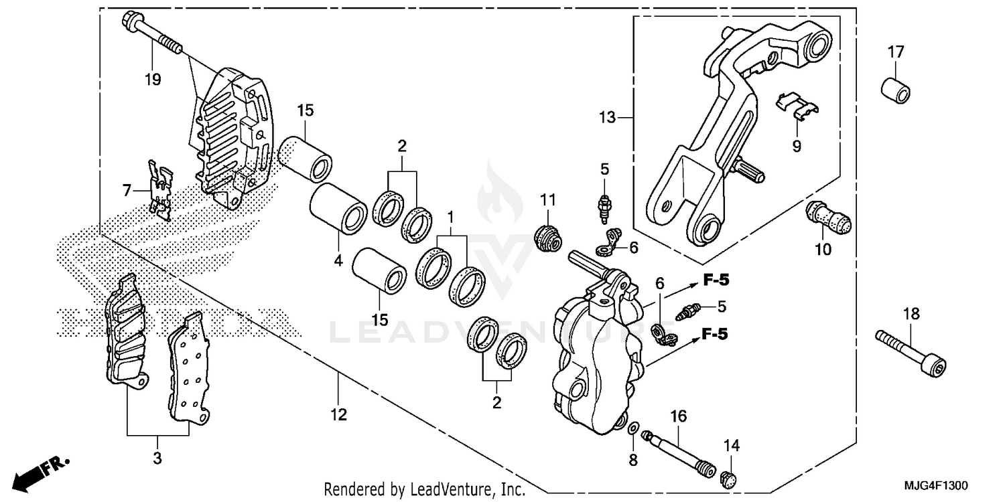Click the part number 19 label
[152, 80]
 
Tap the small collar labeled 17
[895, 90]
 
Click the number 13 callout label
[606, 118]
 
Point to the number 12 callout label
[338, 415]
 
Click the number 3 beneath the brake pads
[157, 458]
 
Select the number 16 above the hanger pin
[678, 417]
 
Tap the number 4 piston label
[338, 261]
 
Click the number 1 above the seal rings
[451, 217]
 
